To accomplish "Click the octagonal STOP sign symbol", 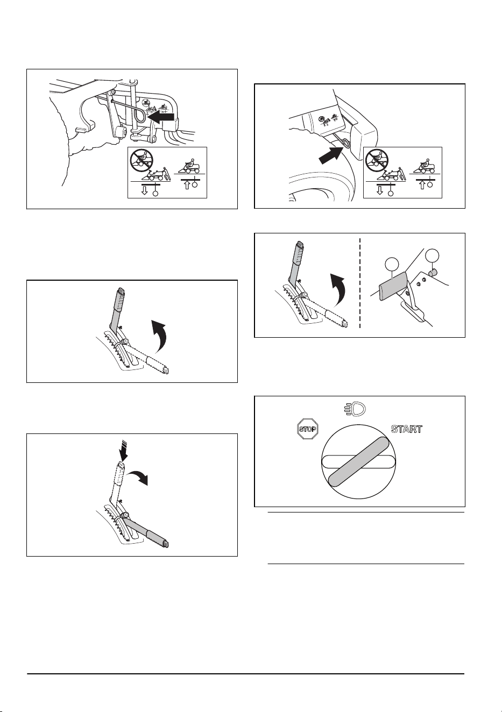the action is point(307,429).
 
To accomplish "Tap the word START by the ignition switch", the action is point(407,429).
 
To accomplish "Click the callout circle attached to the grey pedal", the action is point(392,265).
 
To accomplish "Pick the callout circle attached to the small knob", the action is point(432,256).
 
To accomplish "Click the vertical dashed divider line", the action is point(360,284).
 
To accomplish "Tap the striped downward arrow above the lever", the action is point(124,451).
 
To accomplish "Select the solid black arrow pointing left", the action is point(161,117).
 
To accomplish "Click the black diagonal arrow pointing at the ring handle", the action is point(331,155).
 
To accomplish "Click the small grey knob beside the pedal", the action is point(433,272).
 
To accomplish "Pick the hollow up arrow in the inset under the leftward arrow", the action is point(187,184).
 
